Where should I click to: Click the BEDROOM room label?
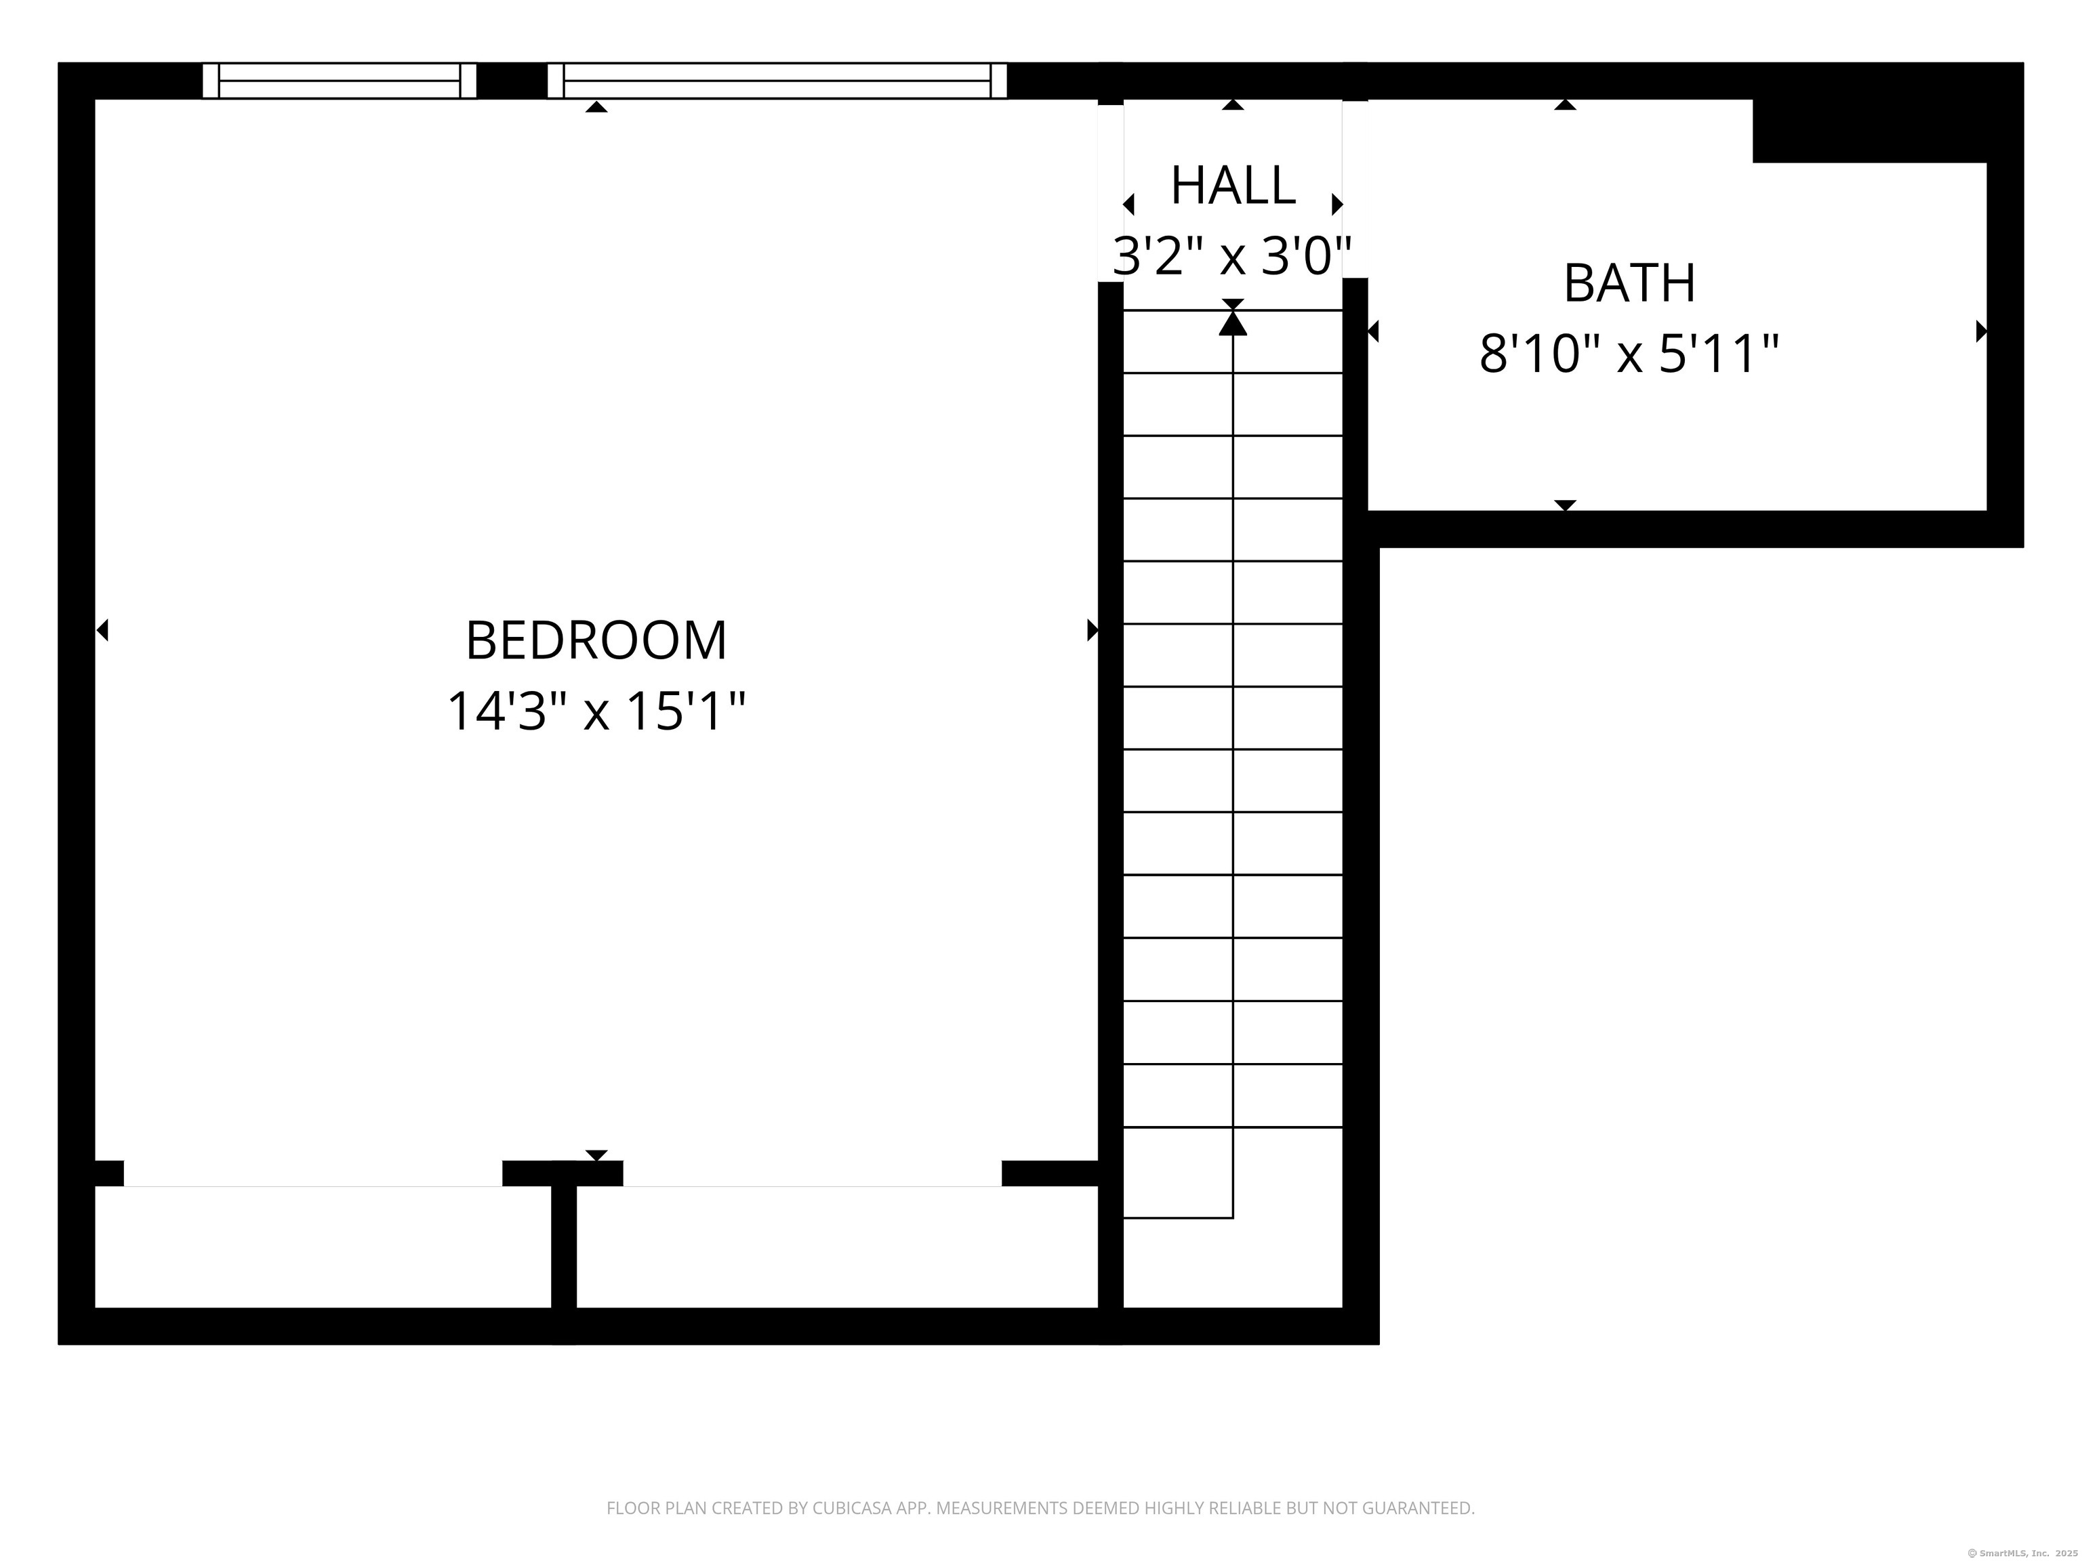(x=596, y=641)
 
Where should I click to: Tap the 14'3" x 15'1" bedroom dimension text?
(x=596, y=711)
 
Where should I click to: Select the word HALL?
(x=1233, y=186)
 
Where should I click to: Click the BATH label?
(x=1629, y=283)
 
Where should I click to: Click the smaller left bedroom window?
(x=340, y=81)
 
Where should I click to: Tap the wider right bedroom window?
(x=777, y=81)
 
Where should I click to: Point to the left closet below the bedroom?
(x=323, y=1247)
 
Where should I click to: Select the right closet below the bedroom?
(x=837, y=1247)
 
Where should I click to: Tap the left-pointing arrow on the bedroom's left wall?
(x=102, y=629)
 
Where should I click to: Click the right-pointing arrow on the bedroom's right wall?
(x=1093, y=629)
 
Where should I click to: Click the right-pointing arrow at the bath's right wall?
(x=1981, y=331)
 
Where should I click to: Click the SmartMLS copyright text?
(x=2023, y=1553)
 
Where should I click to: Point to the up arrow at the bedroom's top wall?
(x=596, y=106)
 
